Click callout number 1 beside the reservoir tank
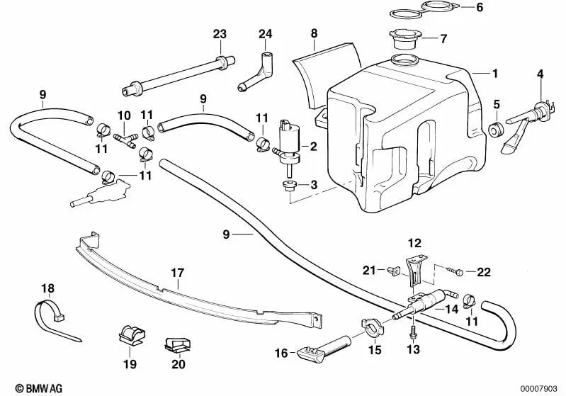pos(496,72)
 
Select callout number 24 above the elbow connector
pos(265,34)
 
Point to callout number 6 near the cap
pos(480,9)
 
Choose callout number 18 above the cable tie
pos(47,288)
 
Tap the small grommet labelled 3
pos(288,186)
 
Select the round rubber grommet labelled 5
pos(497,130)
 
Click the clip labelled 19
pos(130,333)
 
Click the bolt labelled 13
pos(412,329)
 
